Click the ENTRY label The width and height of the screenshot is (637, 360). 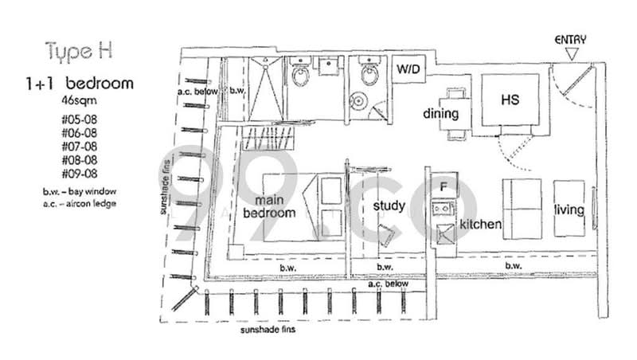coord(570,40)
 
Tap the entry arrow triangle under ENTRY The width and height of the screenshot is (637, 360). coord(572,54)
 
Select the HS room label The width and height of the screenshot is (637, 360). coord(510,100)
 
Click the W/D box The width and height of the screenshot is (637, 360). coord(408,68)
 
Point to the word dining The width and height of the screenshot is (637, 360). coord(441,113)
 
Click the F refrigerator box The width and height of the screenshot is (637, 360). coord(444,186)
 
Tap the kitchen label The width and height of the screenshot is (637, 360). coord(480,224)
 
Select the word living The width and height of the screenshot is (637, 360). coord(569,209)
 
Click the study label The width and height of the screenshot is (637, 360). coord(389,206)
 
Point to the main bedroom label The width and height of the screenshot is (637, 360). coord(269,206)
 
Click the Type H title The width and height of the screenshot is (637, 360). coord(79,52)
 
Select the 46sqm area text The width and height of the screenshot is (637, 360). coord(79,100)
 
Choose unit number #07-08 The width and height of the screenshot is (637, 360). coord(80,147)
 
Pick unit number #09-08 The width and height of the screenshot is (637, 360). coord(80,174)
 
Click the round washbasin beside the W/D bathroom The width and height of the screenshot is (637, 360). coord(359,100)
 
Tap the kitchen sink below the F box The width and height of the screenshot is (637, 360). coord(443,209)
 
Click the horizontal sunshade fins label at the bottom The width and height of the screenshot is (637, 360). coord(268,330)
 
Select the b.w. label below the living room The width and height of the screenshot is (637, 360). coord(514,266)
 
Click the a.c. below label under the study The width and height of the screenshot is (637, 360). coord(388,284)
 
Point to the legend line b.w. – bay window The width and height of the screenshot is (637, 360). coord(80,191)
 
